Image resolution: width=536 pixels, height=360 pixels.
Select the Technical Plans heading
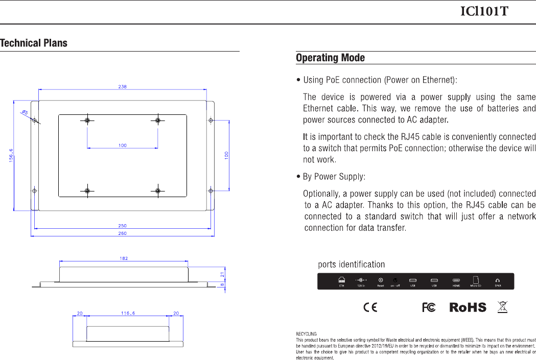point(34,43)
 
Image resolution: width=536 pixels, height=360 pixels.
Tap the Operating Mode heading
point(331,58)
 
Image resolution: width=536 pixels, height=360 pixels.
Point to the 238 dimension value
point(122,87)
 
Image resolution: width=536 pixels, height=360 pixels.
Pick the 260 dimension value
point(122,233)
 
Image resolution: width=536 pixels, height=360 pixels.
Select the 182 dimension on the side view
point(124,259)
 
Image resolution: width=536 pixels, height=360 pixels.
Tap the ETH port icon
point(342,280)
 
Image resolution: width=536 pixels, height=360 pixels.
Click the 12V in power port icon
point(361,280)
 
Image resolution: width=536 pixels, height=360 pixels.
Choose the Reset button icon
point(381,280)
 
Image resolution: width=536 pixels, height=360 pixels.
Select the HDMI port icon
point(456,280)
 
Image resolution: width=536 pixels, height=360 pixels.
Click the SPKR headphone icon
point(497,280)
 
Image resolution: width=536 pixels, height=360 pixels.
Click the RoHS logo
point(468,307)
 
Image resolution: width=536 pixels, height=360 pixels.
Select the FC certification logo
point(429,307)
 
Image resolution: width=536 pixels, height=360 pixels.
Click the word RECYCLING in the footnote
point(307,333)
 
